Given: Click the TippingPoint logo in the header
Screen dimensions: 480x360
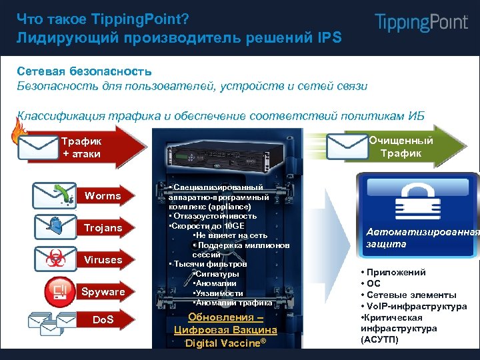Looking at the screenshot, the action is pyautogui.click(x=421, y=23).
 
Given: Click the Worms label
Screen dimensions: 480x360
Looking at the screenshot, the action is pyautogui.click(x=103, y=196).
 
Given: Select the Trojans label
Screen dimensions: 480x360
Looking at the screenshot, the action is pyautogui.click(x=103, y=228).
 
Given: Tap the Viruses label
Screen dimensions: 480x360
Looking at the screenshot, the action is pyautogui.click(x=103, y=260).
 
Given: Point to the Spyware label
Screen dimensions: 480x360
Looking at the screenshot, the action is pyautogui.click(x=103, y=292).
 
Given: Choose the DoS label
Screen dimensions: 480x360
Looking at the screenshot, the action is pyautogui.click(x=103, y=321).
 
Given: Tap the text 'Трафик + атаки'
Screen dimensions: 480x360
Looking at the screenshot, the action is pyautogui.click(x=81, y=147).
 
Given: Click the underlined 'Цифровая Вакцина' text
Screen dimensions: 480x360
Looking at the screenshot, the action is pyautogui.click(x=225, y=330).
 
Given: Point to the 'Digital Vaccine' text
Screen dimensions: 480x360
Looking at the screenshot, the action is pyautogui.click(x=225, y=343).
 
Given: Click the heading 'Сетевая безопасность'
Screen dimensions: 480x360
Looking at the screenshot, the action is pyautogui.click(x=84, y=71).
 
